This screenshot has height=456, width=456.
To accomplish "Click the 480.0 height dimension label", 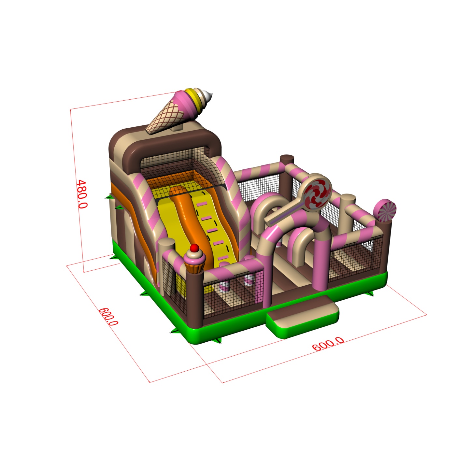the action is tap(82, 194).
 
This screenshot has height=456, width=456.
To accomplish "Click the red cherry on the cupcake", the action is tap(194, 248).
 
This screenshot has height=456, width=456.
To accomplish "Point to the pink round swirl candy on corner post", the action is tap(385, 211).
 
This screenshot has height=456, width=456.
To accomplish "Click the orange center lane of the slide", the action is tap(189, 220).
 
